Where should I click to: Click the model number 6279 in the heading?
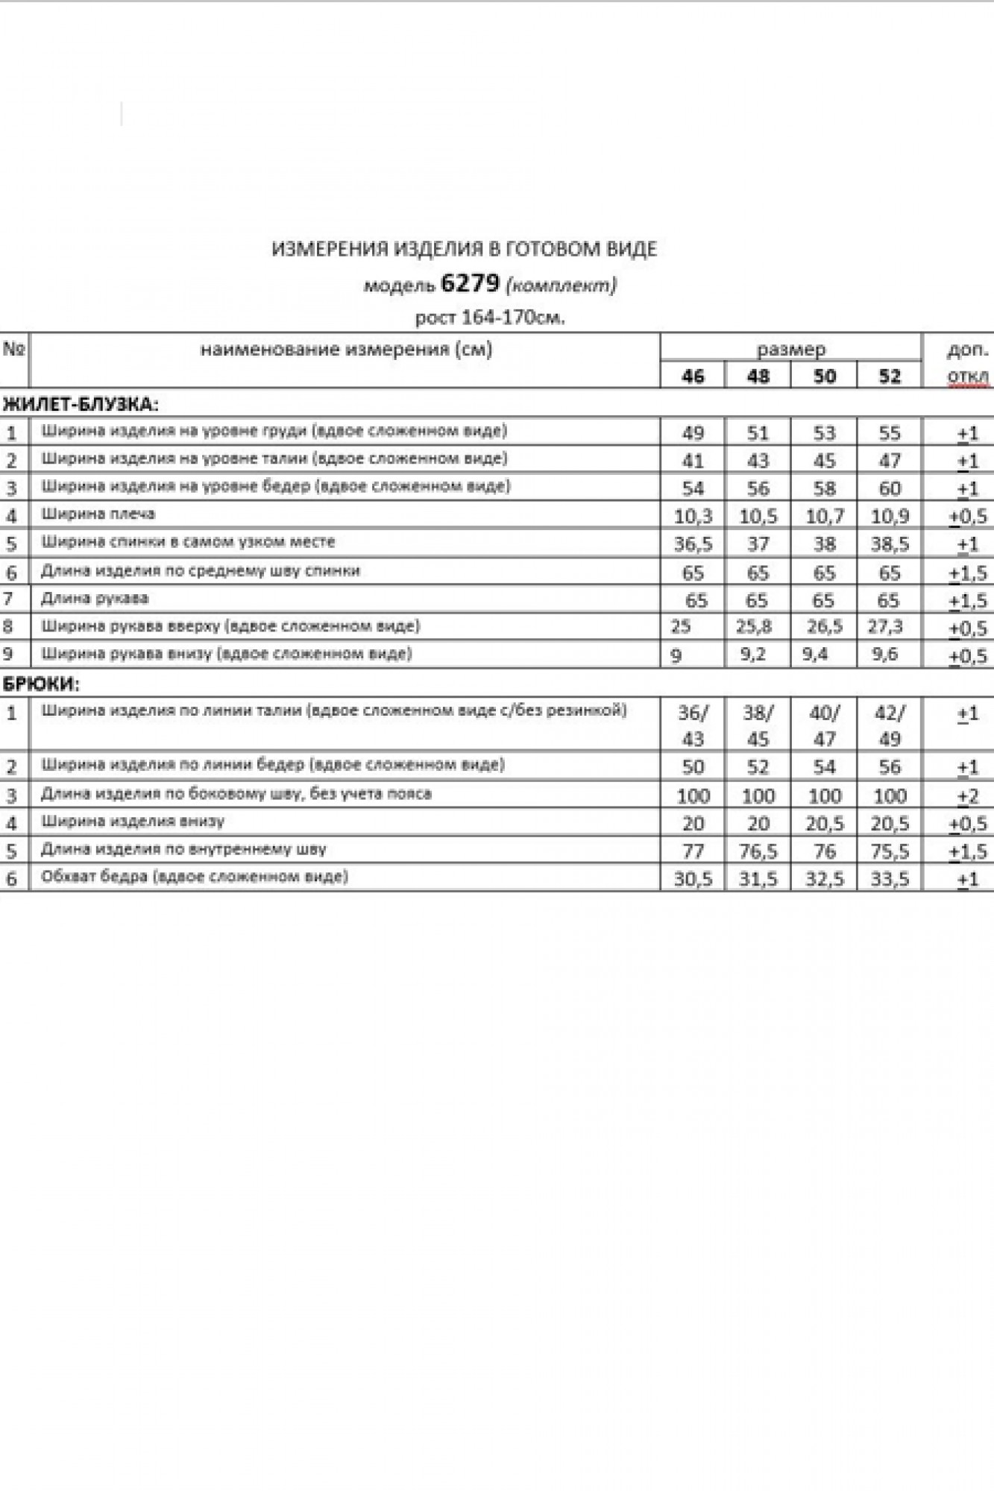pos(470,283)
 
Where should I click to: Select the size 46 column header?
pos(693,376)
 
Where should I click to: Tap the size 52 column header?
pos(890,376)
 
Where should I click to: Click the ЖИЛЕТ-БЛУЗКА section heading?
pos(81,405)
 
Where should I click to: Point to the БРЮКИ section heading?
pos(42,683)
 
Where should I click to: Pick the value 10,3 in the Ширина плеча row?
pos(693,516)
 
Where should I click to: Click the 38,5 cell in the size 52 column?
pos(890,544)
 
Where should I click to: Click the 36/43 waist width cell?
pos(693,725)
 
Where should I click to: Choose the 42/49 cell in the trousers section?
pos(890,725)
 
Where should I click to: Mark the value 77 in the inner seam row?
pos(693,851)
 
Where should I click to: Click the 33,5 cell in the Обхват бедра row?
pos(890,879)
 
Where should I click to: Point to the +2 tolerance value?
pos(967,796)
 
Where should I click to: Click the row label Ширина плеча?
pos(98,514)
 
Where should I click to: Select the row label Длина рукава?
pos(95,598)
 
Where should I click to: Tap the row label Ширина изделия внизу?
pos(133,822)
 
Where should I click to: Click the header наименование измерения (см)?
pos(346,349)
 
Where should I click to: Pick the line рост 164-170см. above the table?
pos(490,318)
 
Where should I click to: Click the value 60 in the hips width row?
pos(890,488)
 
